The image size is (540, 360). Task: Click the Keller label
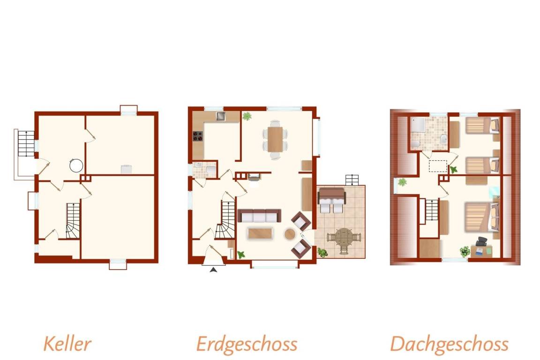[x=67, y=344]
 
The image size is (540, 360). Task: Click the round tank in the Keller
[x=76, y=165]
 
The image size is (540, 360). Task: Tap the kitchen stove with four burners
[x=198, y=136]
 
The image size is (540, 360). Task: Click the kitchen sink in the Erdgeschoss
[x=220, y=116]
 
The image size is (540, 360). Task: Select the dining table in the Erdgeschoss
[x=275, y=140]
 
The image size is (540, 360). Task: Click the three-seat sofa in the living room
[x=259, y=216]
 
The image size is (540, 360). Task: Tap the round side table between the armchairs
[x=290, y=234]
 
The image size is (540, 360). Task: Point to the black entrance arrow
[x=214, y=270]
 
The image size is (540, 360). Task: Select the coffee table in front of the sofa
[x=261, y=233]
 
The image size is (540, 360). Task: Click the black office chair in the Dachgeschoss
[x=482, y=241]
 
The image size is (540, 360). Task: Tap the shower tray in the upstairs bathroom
[x=417, y=124]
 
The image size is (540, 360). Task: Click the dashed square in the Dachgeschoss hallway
[x=438, y=166]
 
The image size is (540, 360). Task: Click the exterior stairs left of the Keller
[x=26, y=143]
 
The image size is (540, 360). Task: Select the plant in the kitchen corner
[x=247, y=116]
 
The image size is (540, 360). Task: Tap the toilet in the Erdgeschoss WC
[x=210, y=170]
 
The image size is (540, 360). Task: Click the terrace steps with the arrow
[x=352, y=180]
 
